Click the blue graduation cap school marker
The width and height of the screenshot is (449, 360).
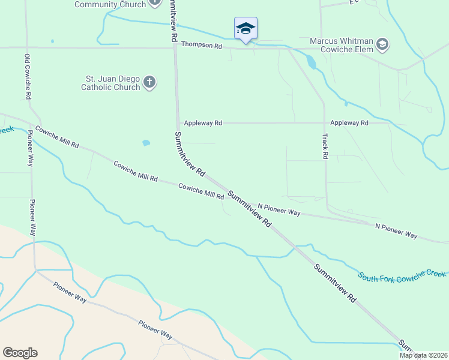(245, 28)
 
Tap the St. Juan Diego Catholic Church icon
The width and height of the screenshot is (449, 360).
(149, 82)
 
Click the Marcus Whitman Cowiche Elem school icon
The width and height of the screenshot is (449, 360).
(382, 44)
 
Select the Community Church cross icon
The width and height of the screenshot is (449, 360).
(155, 2)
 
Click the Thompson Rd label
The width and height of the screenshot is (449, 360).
(202, 46)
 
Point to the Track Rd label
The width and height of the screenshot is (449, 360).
(325, 146)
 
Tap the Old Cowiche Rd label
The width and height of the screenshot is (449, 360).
(27, 72)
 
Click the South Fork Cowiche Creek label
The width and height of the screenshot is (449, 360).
(402, 274)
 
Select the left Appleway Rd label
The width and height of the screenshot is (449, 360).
(203, 123)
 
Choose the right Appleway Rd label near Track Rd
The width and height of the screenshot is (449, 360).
(349, 123)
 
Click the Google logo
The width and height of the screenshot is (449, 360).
(20, 353)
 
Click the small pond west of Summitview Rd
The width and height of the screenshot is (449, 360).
(146, 143)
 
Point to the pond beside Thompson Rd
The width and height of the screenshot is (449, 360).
(310, 61)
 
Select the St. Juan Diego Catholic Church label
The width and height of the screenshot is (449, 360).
(112, 83)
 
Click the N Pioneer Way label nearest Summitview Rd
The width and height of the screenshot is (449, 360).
(279, 209)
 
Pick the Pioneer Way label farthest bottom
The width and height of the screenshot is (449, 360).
(155, 331)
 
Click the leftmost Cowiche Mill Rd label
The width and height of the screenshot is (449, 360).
(57, 137)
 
